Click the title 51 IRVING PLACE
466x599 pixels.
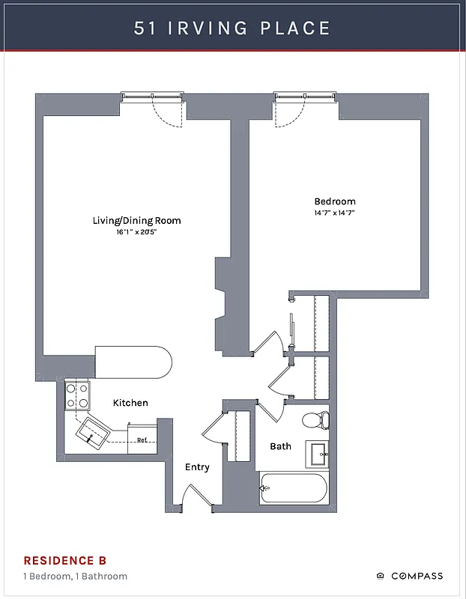(232, 28)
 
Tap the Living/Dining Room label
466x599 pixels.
(136, 221)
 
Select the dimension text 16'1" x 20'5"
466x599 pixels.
(136, 232)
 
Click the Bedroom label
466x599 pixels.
(335, 201)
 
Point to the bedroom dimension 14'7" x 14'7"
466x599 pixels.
(335, 213)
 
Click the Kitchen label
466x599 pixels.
(130, 403)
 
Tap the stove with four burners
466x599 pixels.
(76, 395)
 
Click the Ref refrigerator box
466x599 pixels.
(142, 440)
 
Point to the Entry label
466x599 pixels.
(197, 467)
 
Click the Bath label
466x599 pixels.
(281, 446)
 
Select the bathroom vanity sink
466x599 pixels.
(318, 453)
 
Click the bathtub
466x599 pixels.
(293, 488)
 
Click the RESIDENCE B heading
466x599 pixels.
(64, 560)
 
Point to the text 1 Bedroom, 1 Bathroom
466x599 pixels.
(75, 576)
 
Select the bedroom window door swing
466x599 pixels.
(288, 112)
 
